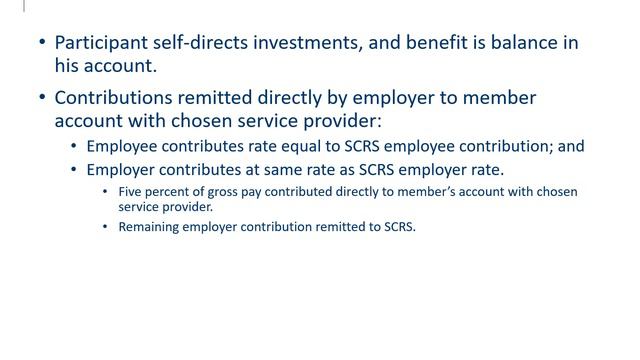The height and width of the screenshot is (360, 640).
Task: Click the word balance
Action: click(526, 43)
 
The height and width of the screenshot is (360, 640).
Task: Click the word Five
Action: click(131, 191)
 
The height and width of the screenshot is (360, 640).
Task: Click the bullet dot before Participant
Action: click(41, 43)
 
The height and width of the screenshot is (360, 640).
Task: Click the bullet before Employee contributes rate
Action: click(74, 146)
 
